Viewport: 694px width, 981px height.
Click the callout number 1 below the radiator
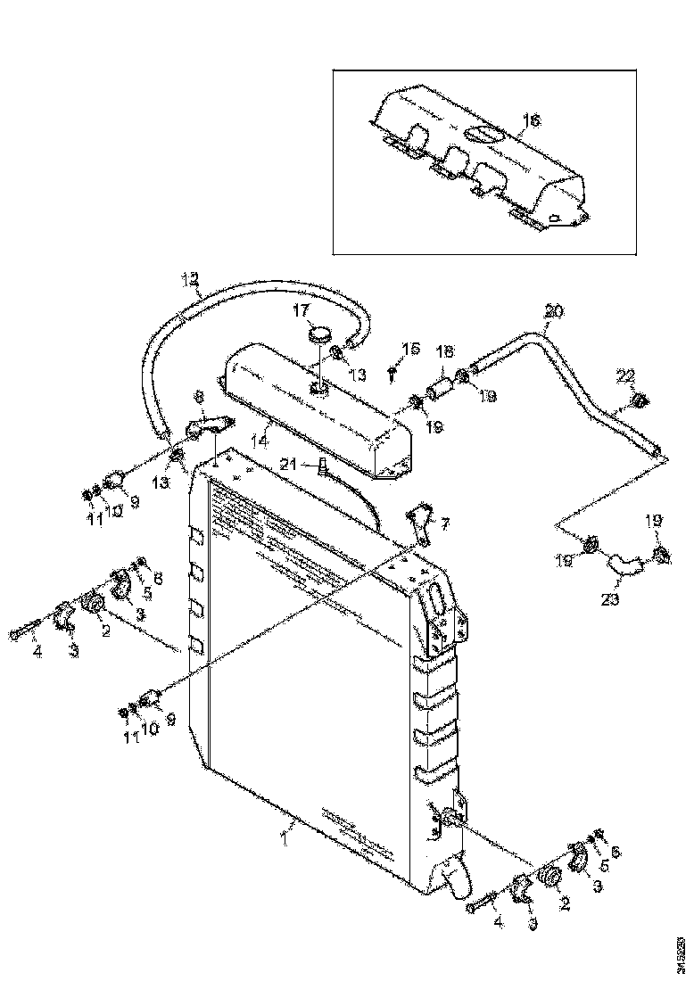(285, 837)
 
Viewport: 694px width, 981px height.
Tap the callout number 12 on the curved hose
(189, 279)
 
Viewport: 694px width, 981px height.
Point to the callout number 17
(301, 310)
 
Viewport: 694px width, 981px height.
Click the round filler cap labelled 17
(318, 335)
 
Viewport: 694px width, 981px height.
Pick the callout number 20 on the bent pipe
(553, 311)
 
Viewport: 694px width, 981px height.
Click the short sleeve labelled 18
(439, 390)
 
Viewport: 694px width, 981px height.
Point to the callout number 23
(609, 599)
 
